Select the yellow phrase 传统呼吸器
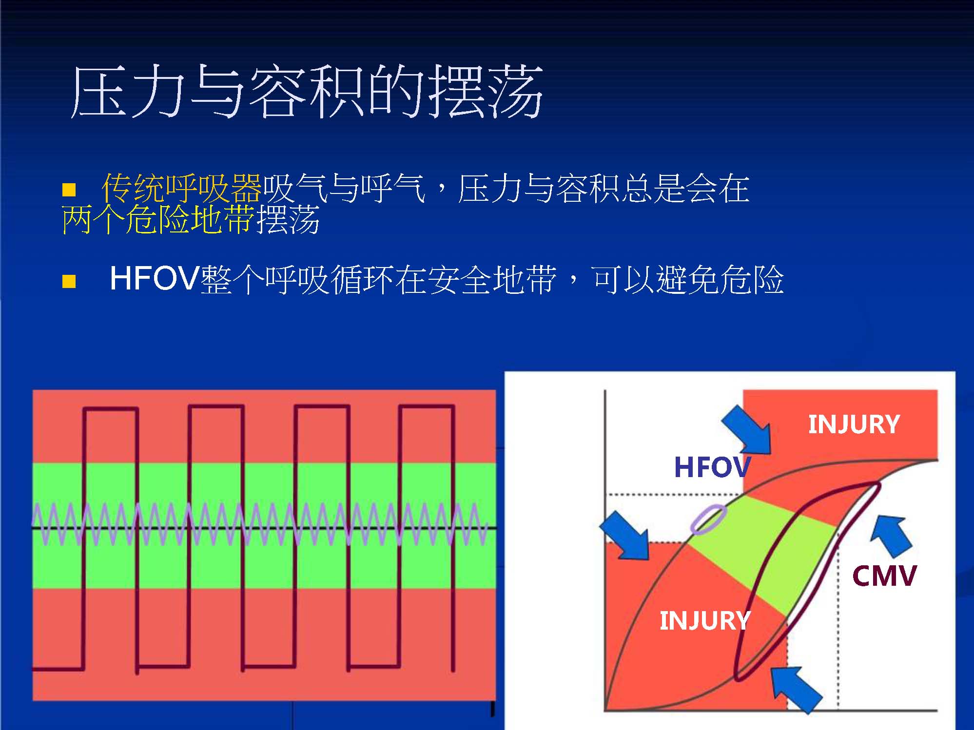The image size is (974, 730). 182,188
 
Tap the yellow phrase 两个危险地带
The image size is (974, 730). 158,219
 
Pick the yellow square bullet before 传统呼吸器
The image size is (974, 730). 69,190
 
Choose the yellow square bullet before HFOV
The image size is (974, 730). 69,281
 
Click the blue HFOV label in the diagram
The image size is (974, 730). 712,467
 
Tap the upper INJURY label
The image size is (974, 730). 854,424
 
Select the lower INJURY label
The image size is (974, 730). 705,620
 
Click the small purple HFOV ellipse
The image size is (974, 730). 708,519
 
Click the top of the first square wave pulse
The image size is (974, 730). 110,409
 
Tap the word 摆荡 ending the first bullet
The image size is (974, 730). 288,219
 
